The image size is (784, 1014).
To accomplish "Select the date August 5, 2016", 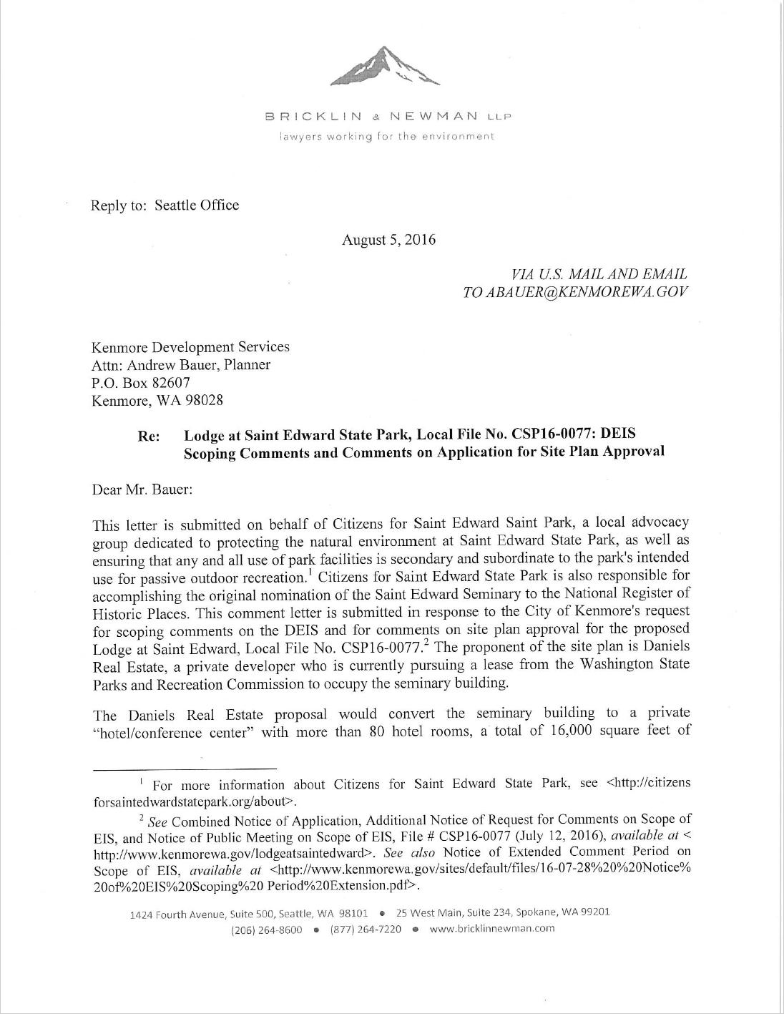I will click(x=388, y=240).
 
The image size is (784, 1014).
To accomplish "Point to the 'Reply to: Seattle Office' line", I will click(x=165, y=205).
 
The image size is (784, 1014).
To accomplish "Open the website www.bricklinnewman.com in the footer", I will click(x=494, y=930).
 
